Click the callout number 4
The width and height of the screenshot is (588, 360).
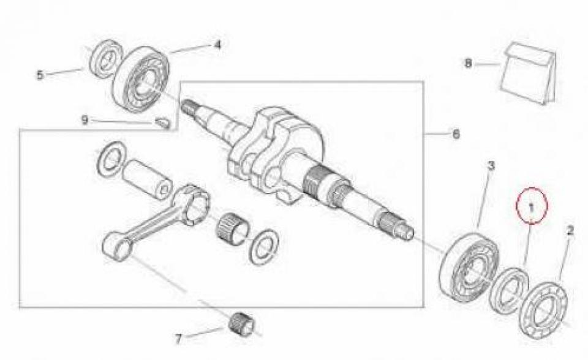[x=217, y=45]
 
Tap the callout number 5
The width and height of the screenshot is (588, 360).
[x=40, y=75]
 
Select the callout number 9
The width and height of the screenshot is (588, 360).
[x=85, y=120]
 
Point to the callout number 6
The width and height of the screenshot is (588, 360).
[x=455, y=133]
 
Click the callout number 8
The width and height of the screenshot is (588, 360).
[x=469, y=63]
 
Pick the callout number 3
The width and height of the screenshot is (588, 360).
[x=491, y=165]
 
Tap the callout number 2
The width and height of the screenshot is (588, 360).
[x=570, y=231]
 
